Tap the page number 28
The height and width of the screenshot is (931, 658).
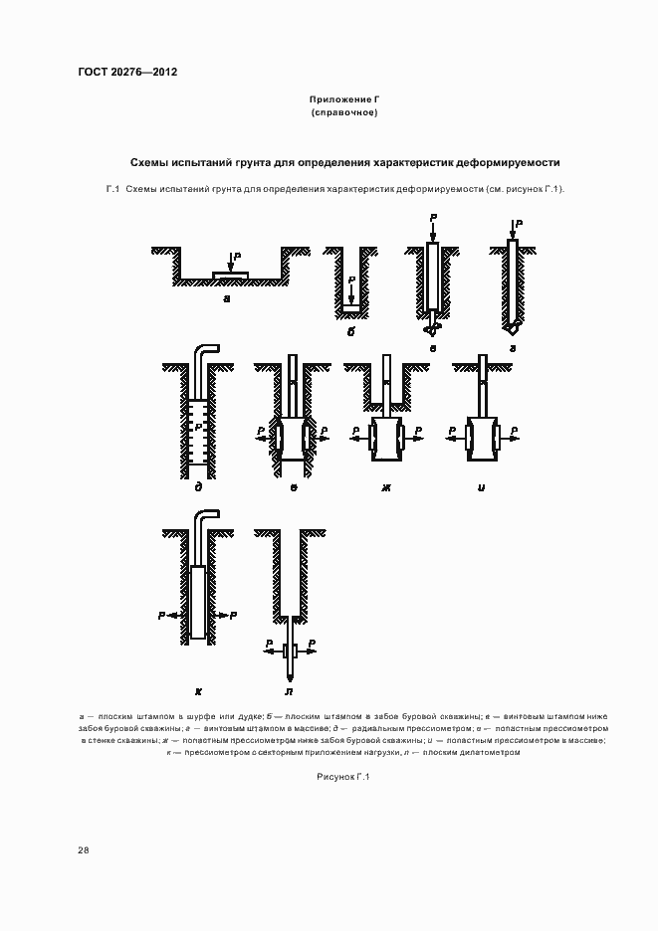84,849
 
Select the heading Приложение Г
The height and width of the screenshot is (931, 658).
344,100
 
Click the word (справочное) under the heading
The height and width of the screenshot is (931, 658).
344,113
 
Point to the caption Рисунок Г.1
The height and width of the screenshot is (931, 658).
343,777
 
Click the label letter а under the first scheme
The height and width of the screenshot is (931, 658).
228,296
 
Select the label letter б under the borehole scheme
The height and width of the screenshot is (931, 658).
350,331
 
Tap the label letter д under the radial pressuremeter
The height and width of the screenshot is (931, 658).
200,486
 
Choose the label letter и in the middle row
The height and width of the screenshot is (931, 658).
482,486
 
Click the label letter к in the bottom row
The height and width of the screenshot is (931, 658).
199,688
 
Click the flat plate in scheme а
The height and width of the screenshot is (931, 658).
231,274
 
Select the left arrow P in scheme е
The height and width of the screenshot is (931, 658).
261,433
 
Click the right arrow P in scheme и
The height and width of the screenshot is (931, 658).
512,433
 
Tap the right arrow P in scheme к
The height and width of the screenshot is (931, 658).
231,617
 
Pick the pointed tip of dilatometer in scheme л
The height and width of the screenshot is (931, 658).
289,676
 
